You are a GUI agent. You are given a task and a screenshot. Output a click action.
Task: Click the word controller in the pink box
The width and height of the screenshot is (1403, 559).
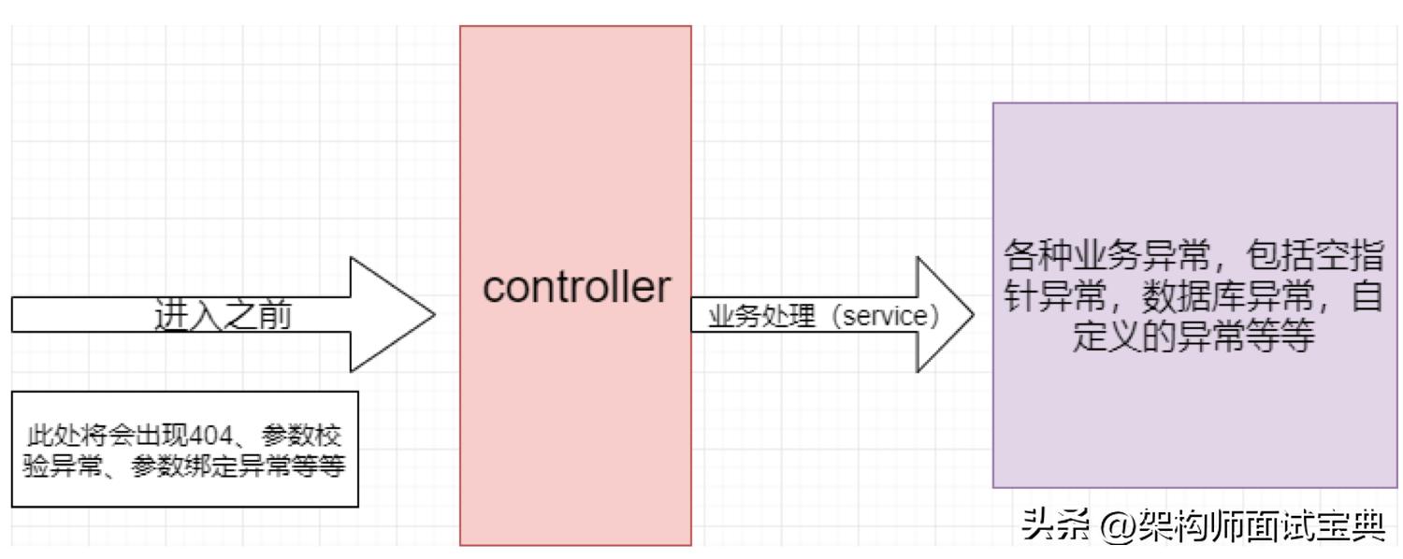tap(576, 289)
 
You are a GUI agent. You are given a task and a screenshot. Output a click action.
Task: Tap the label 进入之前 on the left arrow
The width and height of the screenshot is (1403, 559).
tap(223, 316)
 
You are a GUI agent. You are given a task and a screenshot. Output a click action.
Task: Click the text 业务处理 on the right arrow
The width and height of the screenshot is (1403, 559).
tap(749, 316)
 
